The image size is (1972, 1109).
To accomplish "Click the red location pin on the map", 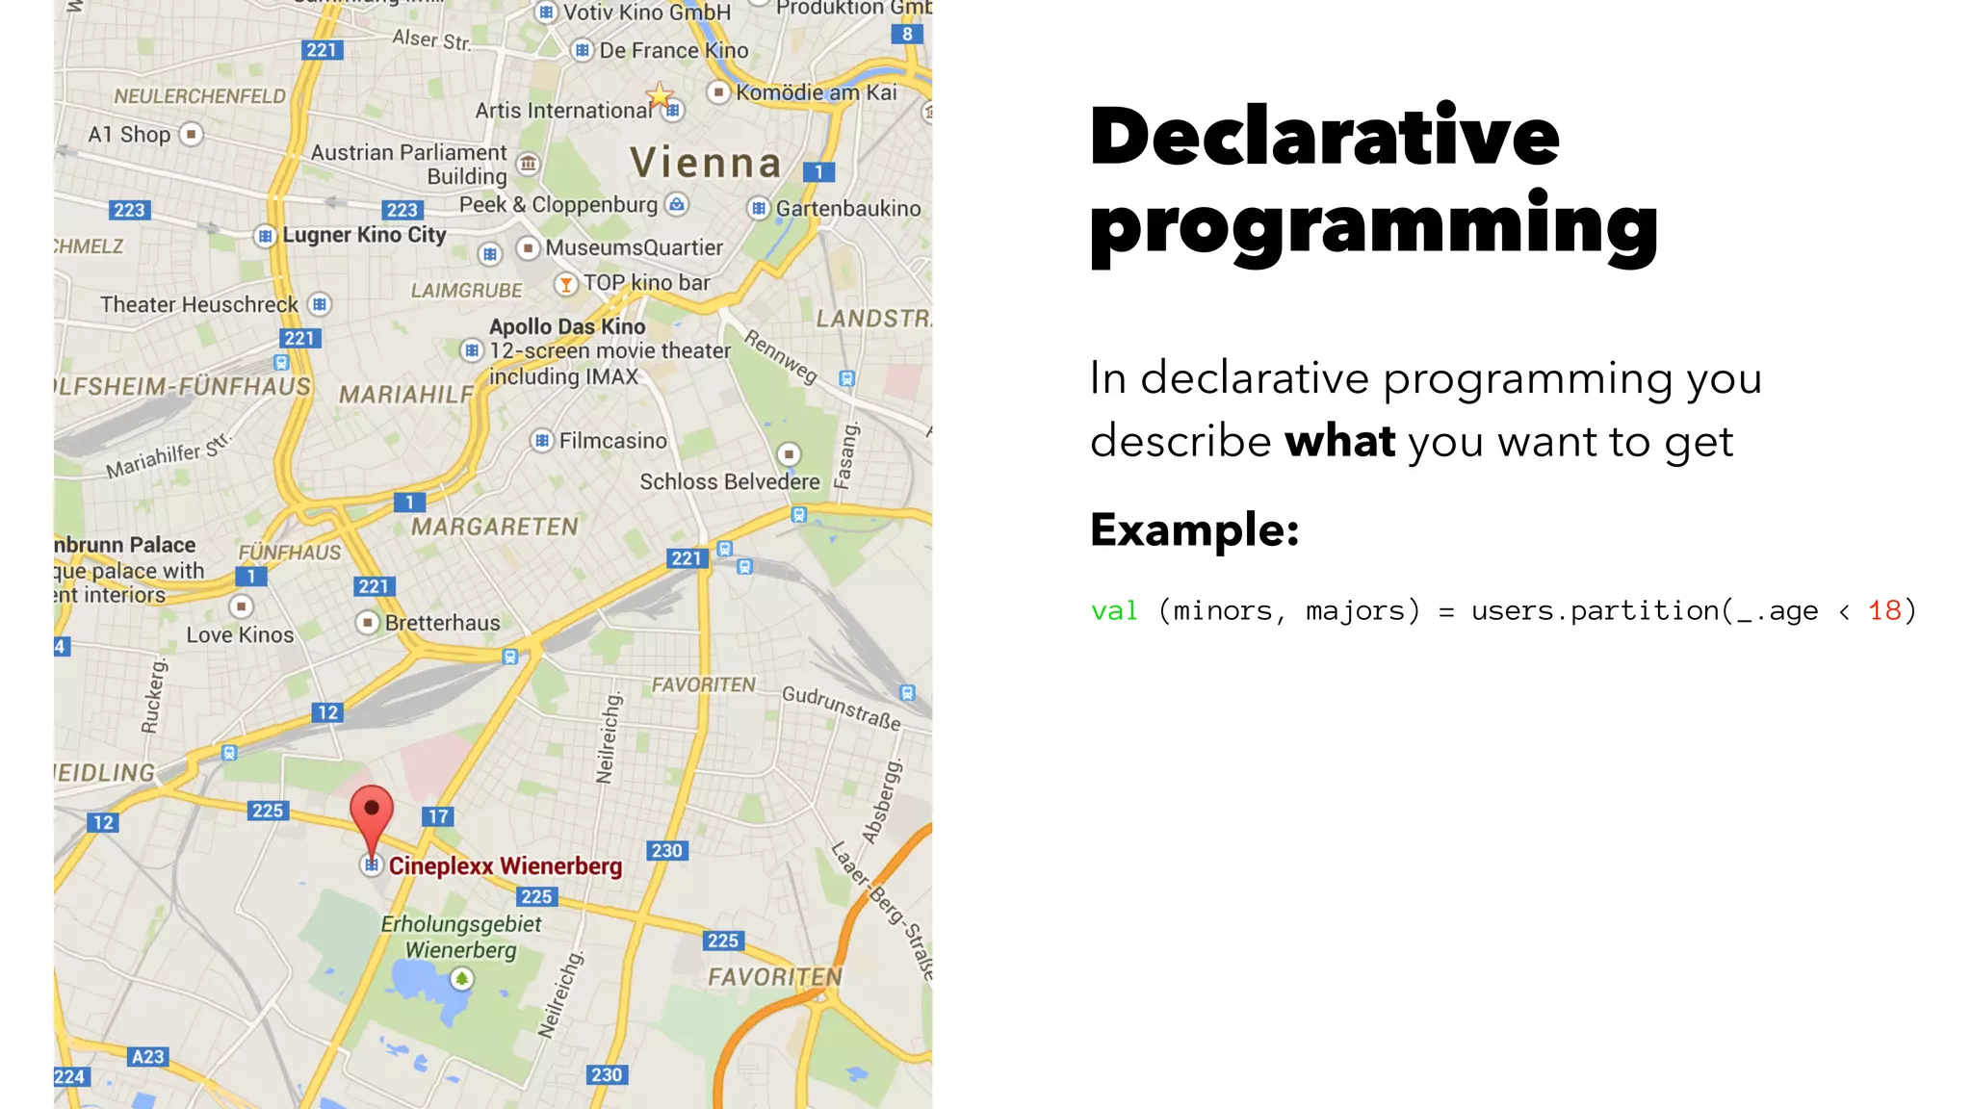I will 372,813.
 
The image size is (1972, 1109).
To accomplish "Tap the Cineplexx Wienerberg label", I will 505,866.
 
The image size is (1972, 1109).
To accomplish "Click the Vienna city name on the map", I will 705,163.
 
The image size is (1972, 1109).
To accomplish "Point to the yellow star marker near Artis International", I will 660,94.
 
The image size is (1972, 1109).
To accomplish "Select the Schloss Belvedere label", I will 729,481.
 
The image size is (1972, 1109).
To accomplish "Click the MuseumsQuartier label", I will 634,247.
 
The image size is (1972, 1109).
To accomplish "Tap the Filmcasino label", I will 612,441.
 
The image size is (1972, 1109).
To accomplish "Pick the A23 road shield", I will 147,1056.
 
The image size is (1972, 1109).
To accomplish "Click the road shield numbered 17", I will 438,816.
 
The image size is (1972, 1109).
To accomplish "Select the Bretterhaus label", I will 442,623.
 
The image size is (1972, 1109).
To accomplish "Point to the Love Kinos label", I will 240,634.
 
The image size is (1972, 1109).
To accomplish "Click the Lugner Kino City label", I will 364,235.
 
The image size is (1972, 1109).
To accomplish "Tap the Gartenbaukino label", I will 847,208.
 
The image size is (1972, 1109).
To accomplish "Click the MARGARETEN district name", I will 495,527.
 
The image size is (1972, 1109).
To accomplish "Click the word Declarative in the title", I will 1324,137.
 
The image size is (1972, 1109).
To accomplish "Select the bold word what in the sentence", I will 1339,442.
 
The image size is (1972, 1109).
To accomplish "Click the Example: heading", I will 1194,529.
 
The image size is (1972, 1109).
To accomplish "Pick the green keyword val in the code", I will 1114,610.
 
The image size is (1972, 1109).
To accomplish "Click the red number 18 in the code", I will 1884,610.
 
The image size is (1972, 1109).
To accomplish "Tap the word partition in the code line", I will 1645,610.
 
